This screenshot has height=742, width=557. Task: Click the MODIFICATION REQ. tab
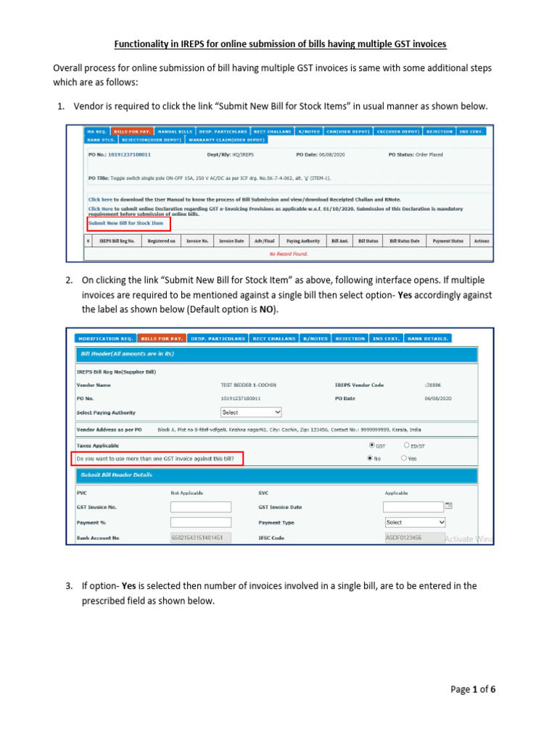[105, 338]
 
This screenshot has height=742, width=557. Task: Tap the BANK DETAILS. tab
[428, 338]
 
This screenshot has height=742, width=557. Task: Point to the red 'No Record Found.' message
[289, 254]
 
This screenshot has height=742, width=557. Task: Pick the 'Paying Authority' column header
[302, 241]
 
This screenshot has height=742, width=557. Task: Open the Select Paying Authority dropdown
[251, 412]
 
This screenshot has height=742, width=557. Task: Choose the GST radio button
[373, 445]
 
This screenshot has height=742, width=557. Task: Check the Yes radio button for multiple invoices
[404, 459]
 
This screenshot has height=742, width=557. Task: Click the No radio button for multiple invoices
[371, 459]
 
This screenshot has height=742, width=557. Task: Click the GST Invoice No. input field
[200, 507]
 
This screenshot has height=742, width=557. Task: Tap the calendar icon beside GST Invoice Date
[448, 506]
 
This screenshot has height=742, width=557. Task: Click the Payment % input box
[200, 522]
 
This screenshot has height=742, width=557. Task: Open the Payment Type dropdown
[415, 522]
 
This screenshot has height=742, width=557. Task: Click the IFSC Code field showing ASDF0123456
[404, 538]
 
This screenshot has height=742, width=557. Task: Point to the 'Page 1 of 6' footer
[472, 690]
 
